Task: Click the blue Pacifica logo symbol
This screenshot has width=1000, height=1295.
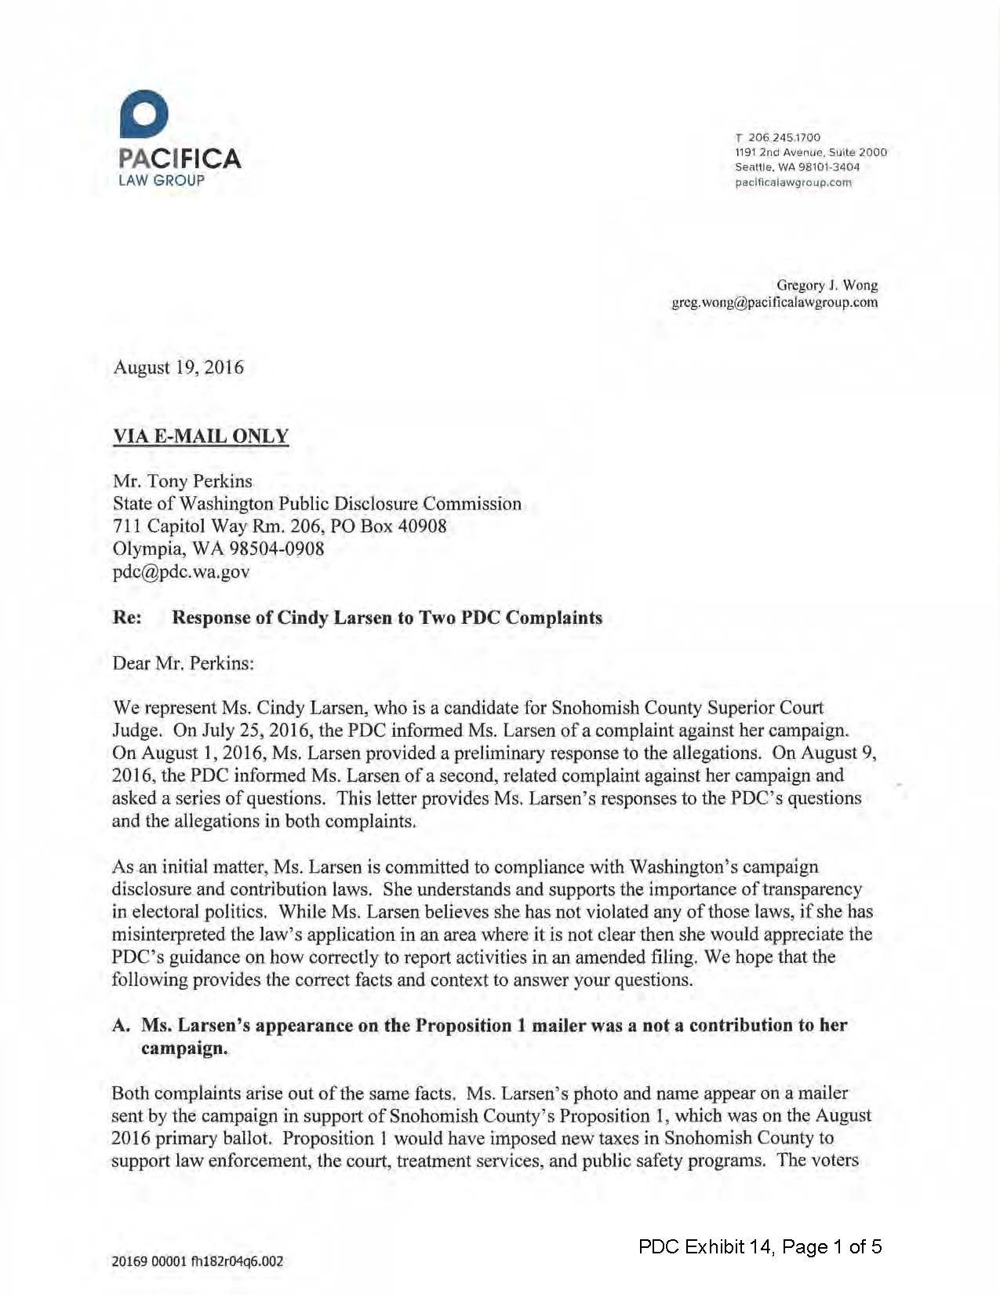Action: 144,115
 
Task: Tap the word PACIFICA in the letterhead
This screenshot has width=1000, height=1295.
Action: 180,159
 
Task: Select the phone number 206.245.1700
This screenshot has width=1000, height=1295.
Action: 784,137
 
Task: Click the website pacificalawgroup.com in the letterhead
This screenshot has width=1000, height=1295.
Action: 793,183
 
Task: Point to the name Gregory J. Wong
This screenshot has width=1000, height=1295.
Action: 827,285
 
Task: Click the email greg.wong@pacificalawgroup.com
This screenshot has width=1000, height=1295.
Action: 774,302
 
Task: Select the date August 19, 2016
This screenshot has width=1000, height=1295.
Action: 179,367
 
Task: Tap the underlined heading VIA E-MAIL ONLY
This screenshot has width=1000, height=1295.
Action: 201,436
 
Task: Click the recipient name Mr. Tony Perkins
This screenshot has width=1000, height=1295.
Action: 183,481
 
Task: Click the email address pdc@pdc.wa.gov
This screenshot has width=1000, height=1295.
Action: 181,571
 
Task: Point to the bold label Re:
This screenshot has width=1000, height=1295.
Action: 127,618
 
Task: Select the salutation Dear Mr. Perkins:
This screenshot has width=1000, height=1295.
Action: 184,663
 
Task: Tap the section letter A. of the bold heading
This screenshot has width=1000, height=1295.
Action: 121,1025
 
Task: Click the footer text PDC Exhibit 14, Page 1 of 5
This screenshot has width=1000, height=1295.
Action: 759,1246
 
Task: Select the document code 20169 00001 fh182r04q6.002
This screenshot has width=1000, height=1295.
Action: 198,1261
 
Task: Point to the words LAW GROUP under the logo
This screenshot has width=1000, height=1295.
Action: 162,180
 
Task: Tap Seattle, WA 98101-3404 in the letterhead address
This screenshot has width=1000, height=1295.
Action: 797,167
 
